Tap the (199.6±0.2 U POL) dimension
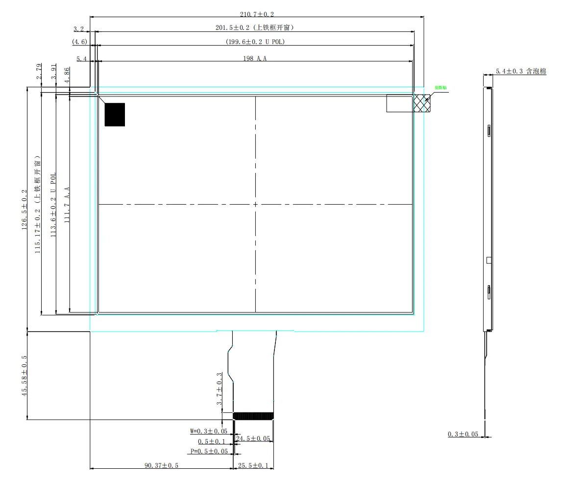tap(255, 42)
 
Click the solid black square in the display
tap(115, 115)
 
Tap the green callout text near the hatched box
tap(441, 88)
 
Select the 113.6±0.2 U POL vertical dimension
tap(53, 204)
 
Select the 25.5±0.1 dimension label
tap(253, 465)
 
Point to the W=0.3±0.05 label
tap(209, 432)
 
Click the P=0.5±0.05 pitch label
tap(209, 451)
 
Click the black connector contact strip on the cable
tap(253, 416)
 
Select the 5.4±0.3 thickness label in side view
tap(521, 72)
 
